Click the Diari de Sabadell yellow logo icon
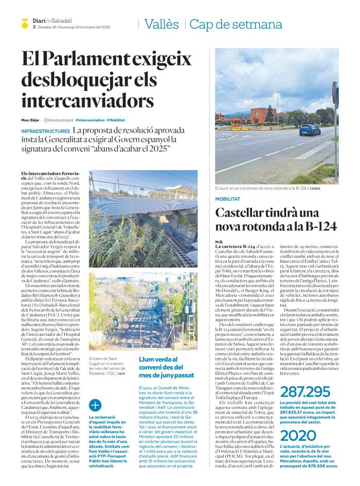tap(25, 23)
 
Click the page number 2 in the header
tap(33, 27)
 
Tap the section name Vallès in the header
tap(161, 24)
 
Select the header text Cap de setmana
tap(236, 24)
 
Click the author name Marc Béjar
tap(30, 120)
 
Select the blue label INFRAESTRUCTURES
tap(46, 132)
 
